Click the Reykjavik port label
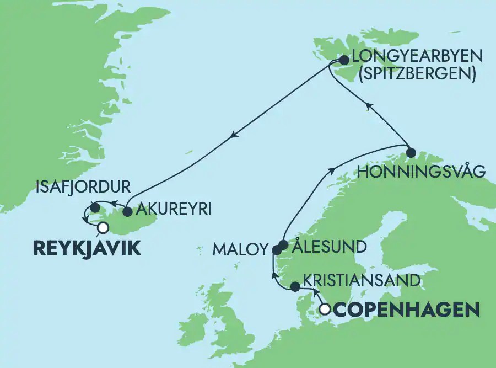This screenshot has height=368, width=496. coord(87,248)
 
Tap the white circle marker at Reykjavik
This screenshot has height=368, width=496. coord(101,227)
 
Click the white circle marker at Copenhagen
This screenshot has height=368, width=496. coord(326,310)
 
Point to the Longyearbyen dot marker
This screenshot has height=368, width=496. coord(343,60)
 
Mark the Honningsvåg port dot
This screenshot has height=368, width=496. coord(410,152)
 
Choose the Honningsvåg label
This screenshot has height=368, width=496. coord(422,172)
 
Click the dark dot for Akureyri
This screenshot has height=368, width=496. coord(127,211)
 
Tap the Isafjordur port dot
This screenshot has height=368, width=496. coord(95,208)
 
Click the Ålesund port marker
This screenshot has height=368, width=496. coord(283,244)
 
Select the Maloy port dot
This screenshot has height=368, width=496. coord(277,250)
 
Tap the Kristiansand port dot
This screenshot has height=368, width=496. coord(295,287)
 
